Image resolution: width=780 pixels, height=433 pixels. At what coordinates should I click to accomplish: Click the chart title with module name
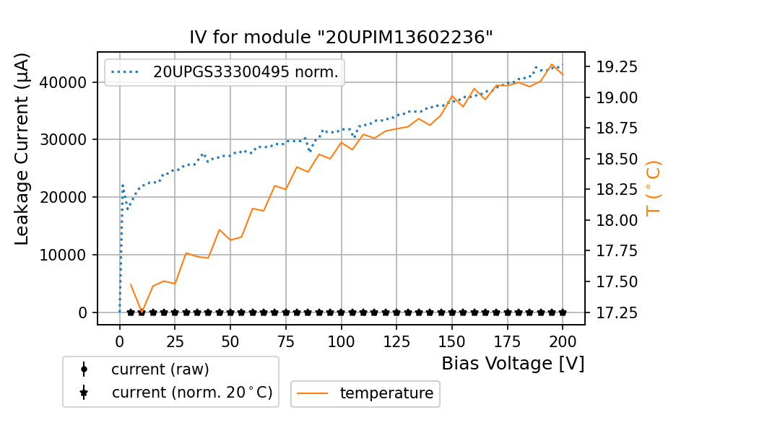[341, 38]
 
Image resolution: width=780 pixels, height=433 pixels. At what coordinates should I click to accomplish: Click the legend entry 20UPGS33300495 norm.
[246, 72]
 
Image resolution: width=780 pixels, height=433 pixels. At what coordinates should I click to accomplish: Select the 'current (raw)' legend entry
[160, 369]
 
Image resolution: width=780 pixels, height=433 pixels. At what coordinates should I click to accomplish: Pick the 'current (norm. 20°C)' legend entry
[191, 393]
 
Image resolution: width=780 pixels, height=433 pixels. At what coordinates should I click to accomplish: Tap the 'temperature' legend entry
[386, 393]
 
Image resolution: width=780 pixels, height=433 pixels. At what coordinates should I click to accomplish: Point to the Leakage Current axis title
[22, 149]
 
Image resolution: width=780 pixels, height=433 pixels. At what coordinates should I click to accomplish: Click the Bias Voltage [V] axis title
[513, 363]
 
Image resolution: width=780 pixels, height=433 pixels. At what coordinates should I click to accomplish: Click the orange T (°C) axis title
[653, 188]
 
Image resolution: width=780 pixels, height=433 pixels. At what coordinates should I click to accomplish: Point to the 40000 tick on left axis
[66, 82]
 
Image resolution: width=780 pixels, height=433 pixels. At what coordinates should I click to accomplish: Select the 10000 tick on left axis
[66, 255]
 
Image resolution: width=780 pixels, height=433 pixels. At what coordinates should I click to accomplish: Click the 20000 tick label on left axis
[66, 197]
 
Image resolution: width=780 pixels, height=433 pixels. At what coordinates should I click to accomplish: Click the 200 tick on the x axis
[563, 341]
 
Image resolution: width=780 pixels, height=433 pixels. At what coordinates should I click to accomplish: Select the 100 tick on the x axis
[341, 341]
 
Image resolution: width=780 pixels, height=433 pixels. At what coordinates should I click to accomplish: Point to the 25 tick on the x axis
[175, 341]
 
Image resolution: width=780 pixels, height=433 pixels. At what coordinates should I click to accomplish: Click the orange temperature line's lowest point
[142, 312]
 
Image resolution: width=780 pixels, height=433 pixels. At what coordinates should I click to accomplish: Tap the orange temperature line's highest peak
[552, 64]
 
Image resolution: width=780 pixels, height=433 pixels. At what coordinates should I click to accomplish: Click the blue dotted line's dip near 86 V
[311, 152]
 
